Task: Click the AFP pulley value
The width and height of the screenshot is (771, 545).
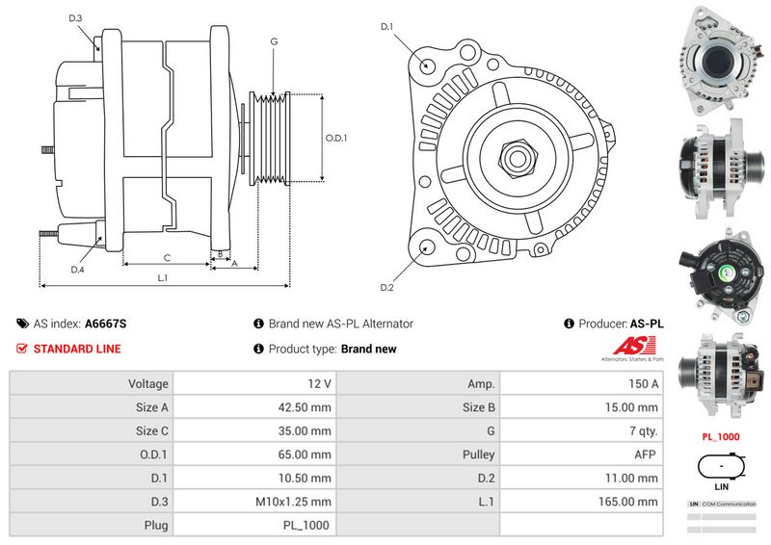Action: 647,454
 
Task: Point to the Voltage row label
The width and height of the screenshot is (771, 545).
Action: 147,383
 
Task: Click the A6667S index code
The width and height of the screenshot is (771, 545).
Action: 106,324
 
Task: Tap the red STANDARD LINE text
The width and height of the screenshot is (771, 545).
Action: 77,349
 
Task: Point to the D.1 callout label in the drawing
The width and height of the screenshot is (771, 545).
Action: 386,27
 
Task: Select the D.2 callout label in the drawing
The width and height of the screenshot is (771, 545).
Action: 386,287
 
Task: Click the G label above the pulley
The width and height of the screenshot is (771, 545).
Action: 274,41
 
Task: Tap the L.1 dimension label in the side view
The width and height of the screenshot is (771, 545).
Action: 163,278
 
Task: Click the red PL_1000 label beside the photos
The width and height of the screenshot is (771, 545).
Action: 720,436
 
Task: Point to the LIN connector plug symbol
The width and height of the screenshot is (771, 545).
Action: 720,469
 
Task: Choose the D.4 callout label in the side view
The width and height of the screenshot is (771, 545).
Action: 77,270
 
